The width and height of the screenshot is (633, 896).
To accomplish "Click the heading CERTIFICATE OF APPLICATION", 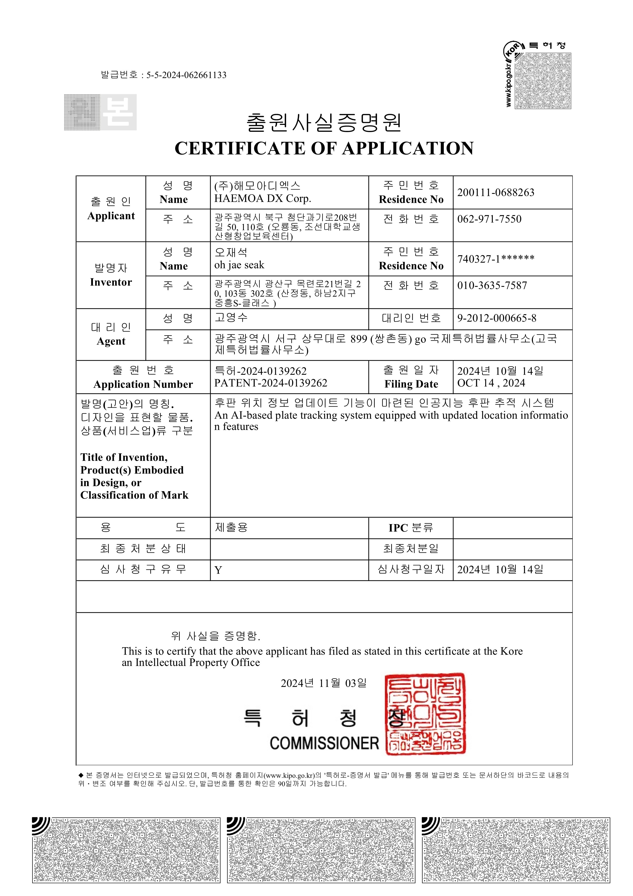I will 324,149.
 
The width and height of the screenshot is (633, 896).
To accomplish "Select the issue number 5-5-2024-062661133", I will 186,75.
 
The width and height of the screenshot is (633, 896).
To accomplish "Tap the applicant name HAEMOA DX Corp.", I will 262,199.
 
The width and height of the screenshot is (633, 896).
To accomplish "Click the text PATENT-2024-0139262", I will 271,383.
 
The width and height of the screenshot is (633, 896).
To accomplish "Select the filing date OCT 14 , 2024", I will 491,383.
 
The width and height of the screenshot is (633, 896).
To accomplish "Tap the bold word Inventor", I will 111,282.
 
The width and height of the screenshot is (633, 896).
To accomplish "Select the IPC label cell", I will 411,528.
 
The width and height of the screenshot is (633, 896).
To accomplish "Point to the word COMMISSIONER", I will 324,744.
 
